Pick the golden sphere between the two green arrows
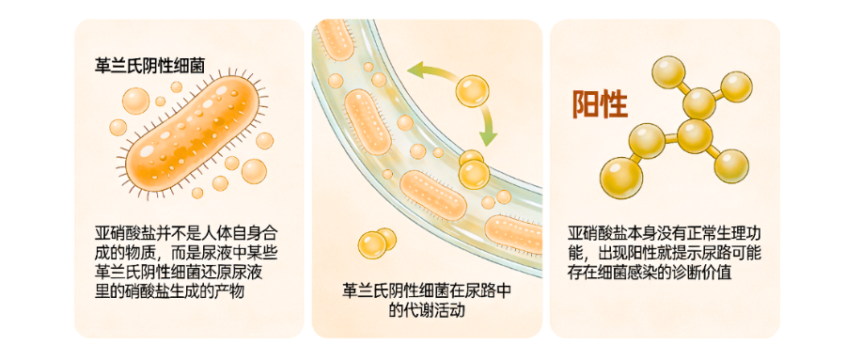click(x=472, y=91)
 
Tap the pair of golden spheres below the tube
click(x=375, y=243)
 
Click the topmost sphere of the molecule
click(x=669, y=70)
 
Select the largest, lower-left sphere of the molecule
click(x=621, y=173)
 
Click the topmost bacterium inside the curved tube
click(x=336, y=38)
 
